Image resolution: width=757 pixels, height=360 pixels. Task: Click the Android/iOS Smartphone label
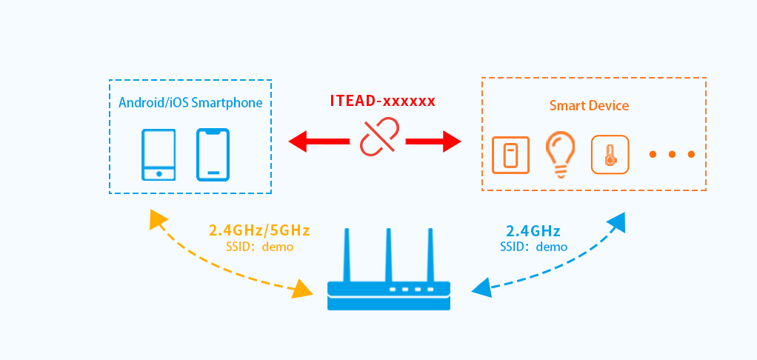point(190,103)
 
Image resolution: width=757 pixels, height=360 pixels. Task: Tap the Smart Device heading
point(589,105)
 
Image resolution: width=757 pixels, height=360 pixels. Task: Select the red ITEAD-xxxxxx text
point(382,101)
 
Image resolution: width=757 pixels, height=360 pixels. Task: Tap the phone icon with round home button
point(159,155)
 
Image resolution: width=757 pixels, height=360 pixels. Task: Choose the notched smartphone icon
point(213,155)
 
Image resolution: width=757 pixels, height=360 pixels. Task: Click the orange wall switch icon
point(510,154)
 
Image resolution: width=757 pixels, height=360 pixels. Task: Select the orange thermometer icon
point(610,154)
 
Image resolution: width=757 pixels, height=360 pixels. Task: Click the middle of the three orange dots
point(672,154)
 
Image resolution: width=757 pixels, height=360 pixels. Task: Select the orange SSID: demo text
point(259,247)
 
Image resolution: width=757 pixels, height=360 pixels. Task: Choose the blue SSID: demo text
point(533,247)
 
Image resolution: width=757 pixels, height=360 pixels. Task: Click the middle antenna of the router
point(387,255)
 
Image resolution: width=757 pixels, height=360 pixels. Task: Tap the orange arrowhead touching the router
point(303,288)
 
